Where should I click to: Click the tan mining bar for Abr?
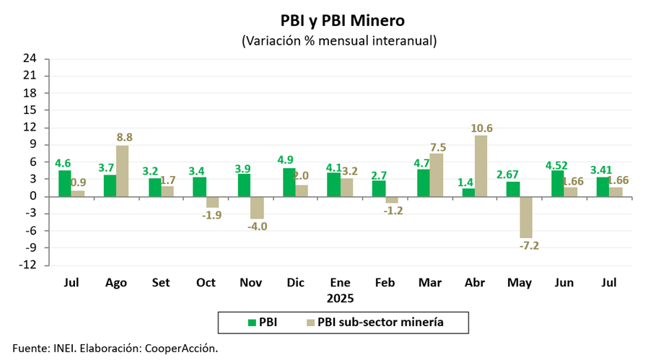[481, 166]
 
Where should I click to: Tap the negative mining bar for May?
[525, 217]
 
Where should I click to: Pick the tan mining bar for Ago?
[123, 171]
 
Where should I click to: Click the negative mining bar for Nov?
[257, 208]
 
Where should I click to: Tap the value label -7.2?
[530, 245]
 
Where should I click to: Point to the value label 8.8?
[125, 138]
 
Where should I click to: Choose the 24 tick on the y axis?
[30, 58]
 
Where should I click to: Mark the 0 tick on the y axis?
[32, 196]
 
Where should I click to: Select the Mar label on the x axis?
[430, 283]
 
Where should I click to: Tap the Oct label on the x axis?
[206, 283]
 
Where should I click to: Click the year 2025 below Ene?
[340, 297]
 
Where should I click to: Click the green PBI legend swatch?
[252, 322]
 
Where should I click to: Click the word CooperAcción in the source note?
[181, 348]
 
